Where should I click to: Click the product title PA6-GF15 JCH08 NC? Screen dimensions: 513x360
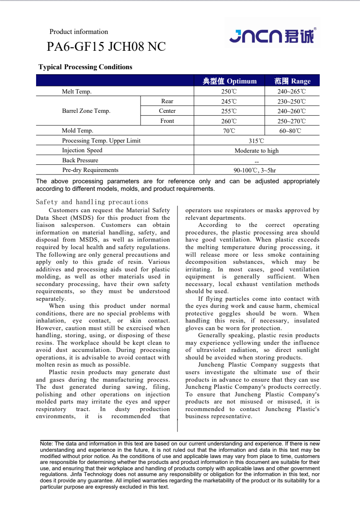point(106,47)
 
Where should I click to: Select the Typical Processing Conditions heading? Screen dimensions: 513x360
point(85,67)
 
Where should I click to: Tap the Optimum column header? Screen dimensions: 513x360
point(229,81)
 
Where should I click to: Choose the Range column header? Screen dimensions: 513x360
point(292,81)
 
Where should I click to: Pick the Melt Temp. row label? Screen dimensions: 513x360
point(77,91)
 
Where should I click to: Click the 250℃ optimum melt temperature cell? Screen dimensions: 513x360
point(229,91)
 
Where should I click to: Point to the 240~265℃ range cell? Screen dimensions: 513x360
point(292,91)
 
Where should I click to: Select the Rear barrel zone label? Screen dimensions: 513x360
point(167,101)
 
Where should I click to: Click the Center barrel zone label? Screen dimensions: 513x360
point(167,111)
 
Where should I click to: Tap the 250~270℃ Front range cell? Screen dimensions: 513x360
point(292,121)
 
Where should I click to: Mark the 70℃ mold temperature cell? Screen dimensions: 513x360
point(229,131)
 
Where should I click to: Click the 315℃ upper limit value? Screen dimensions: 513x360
point(256,141)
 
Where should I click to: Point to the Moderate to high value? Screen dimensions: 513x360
point(256,151)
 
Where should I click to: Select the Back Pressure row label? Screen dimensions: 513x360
point(80,160)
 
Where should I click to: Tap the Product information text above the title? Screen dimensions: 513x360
point(78,32)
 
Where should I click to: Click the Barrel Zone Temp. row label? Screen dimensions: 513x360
point(86,111)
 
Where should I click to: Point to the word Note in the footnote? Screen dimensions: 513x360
point(46,444)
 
